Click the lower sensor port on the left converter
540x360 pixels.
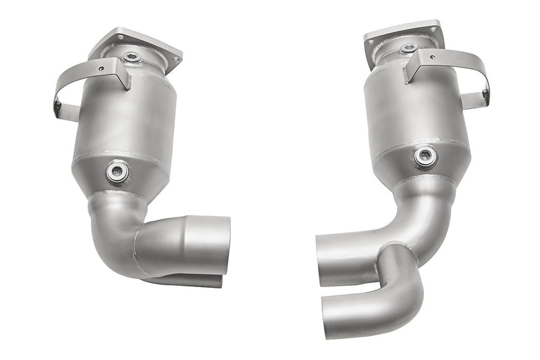[115, 172]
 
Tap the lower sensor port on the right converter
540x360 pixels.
[425, 157]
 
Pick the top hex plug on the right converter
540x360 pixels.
[408, 49]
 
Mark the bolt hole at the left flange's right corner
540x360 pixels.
[176, 59]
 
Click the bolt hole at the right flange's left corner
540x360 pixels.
[371, 42]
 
